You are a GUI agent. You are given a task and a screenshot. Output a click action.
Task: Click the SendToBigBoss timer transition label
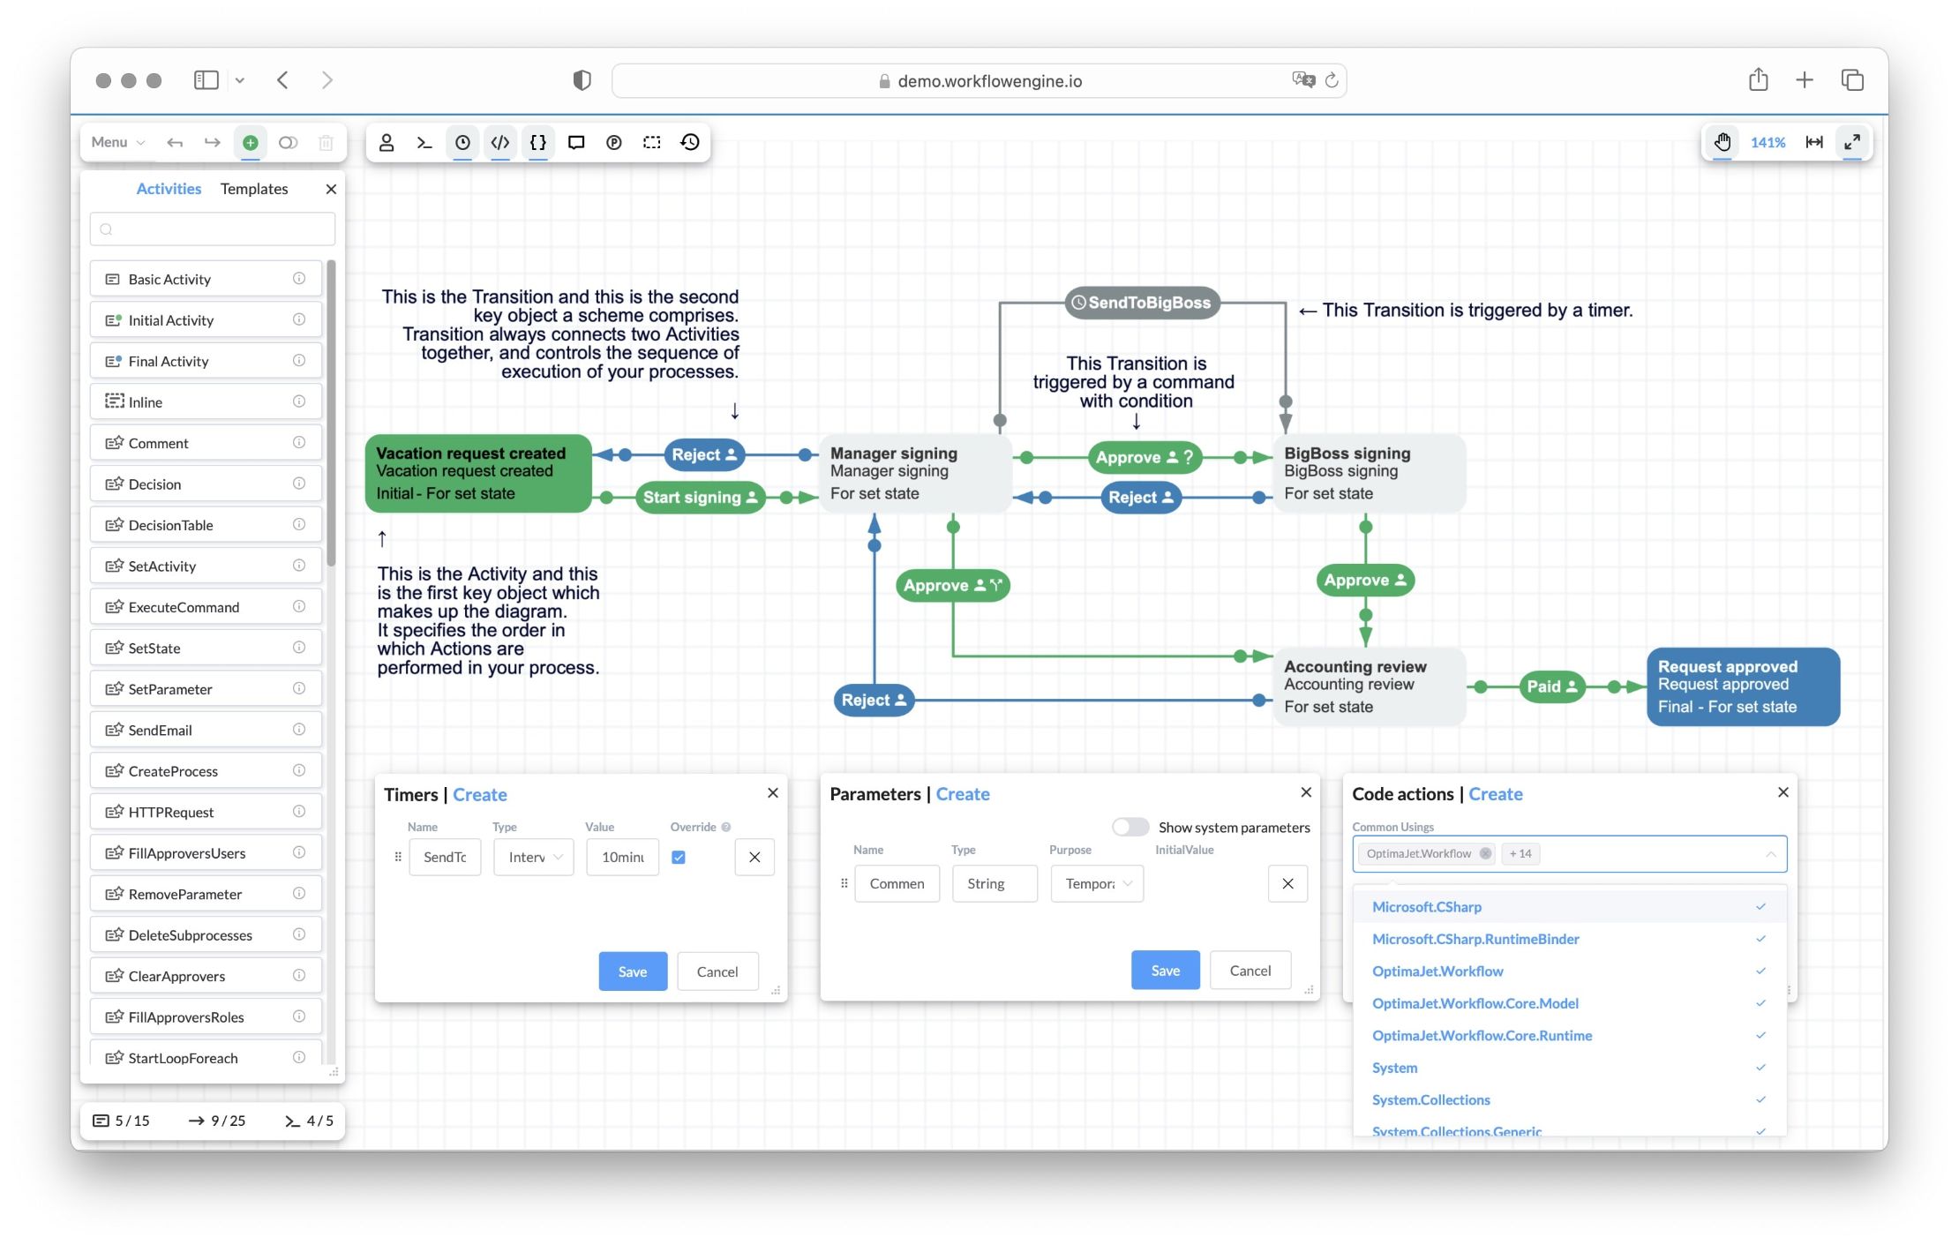(1142, 303)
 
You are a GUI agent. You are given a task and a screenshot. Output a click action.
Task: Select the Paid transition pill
(1551, 686)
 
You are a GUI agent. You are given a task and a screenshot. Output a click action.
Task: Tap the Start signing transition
(699, 498)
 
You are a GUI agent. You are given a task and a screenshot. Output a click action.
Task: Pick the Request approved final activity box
(1742, 686)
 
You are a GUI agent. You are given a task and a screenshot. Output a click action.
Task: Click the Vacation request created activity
(477, 474)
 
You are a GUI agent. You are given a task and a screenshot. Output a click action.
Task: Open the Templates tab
(254, 189)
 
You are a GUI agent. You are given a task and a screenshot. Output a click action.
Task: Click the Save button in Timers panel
(632, 971)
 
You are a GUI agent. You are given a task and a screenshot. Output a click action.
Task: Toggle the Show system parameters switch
(1130, 827)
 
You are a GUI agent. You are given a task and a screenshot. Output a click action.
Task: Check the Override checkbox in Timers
(679, 857)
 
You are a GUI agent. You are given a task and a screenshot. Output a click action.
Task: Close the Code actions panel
(1783, 792)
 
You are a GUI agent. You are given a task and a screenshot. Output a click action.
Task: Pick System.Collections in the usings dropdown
(1430, 1099)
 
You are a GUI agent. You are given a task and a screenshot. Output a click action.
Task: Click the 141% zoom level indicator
(1768, 142)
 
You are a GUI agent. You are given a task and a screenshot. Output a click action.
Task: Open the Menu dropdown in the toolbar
(117, 142)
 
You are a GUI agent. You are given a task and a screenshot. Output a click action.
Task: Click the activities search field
(213, 229)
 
